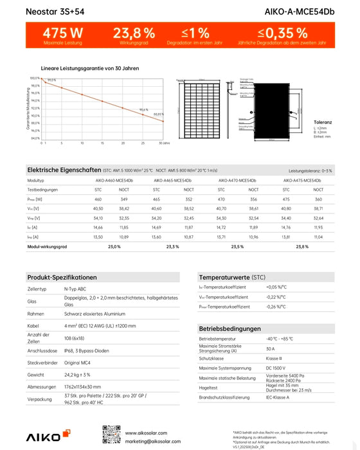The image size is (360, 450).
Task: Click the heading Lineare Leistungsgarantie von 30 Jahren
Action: tap(89, 67)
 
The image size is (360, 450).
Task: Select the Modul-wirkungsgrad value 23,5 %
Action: tap(237, 246)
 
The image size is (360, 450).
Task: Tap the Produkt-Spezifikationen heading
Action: tap(62, 277)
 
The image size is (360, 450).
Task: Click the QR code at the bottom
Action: tap(112, 434)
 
